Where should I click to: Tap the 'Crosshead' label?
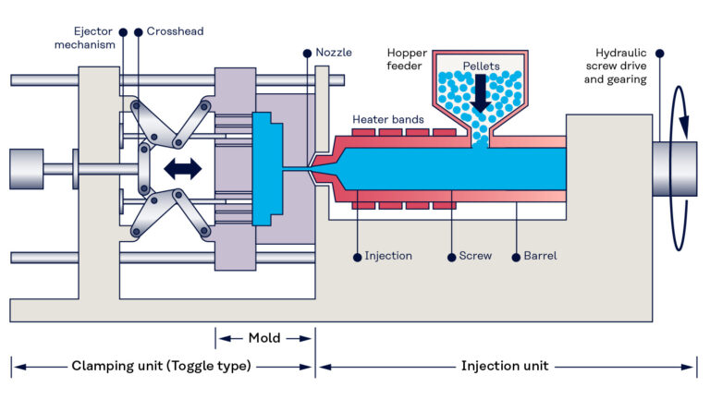pyautogui.click(x=176, y=31)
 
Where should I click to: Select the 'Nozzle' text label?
pyautogui.click(x=334, y=53)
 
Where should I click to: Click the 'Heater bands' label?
pyautogui.click(x=388, y=120)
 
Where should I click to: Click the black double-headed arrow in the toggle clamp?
pyautogui.click(x=182, y=168)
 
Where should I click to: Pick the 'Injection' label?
pyautogui.click(x=387, y=255)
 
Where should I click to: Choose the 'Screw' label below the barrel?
pyautogui.click(x=475, y=255)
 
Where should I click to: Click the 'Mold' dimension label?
pyautogui.click(x=265, y=337)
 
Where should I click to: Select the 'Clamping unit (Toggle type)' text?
pyautogui.click(x=161, y=366)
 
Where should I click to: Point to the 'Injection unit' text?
pyautogui.click(x=505, y=366)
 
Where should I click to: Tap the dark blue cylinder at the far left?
pyautogui.click(x=25, y=169)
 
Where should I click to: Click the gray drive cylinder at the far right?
pyautogui.click(x=674, y=169)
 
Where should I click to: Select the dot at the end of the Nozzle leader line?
pyautogui.click(x=307, y=53)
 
